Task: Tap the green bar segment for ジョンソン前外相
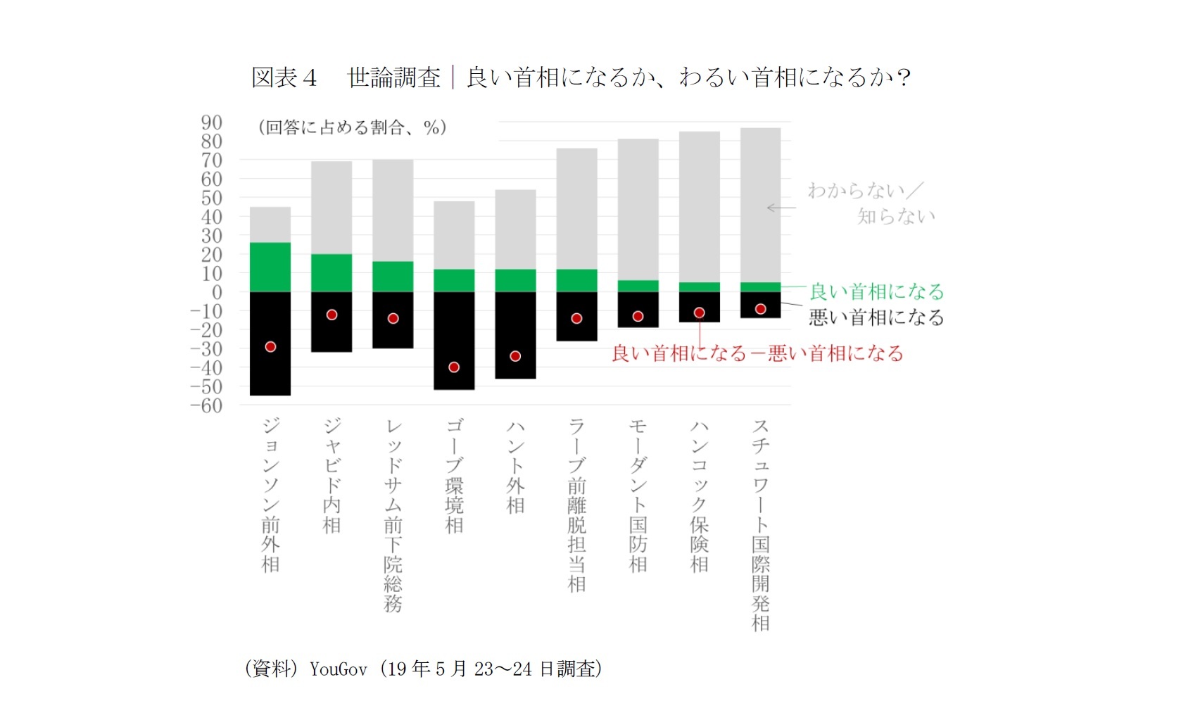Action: click(270, 267)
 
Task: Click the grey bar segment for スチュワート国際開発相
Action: click(760, 205)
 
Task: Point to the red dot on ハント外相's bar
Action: click(515, 356)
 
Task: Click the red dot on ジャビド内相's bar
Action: click(331, 315)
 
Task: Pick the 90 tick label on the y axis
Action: click(211, 122)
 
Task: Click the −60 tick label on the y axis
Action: click(207, 405)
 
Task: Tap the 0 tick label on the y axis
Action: click(217, 292)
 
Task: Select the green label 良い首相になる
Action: click(876, 291)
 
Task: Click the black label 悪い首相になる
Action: click(876, 317)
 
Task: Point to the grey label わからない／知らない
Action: click(871, 203)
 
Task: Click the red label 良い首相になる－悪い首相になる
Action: click(757, 353)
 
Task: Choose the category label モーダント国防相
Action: click(638, 495)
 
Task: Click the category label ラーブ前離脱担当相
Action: click(576, 505)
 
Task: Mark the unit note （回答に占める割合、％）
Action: click(353, 127)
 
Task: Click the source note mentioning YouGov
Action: click(423, 669)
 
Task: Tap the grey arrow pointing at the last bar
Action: click(781, 208)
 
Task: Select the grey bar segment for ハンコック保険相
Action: click(699, 207)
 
